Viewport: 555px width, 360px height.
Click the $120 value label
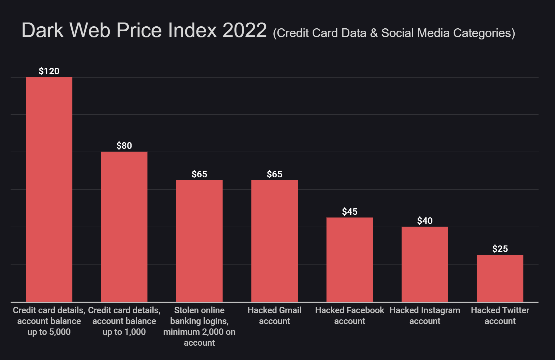coord(49,71)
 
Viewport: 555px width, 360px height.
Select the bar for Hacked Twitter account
coord(500,278)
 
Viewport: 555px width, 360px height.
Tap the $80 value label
coord(124,146)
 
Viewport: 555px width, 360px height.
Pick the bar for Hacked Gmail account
coord(274,241)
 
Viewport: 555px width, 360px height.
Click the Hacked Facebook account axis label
coord(349,316)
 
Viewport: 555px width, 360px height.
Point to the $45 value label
coord(349,212)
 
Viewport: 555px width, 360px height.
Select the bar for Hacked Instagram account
coord(425,264)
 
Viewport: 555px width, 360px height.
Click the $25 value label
coord(500,249)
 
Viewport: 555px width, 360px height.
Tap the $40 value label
coord(425,221)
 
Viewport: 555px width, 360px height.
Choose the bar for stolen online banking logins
coord(199,241)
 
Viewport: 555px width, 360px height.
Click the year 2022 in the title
coord(244,30)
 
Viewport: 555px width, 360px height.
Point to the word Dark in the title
coord(42,30)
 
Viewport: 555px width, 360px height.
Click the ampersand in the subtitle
coord(373,33)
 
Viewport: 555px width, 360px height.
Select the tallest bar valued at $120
coord(49,189)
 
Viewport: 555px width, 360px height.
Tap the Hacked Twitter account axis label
coord(500,316)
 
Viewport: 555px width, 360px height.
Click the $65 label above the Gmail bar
coord(274,174)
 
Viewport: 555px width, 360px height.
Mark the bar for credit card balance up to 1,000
coord(124,226)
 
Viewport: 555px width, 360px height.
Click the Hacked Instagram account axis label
coord(425,316)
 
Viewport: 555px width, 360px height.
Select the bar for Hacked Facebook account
coord(349,259)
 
